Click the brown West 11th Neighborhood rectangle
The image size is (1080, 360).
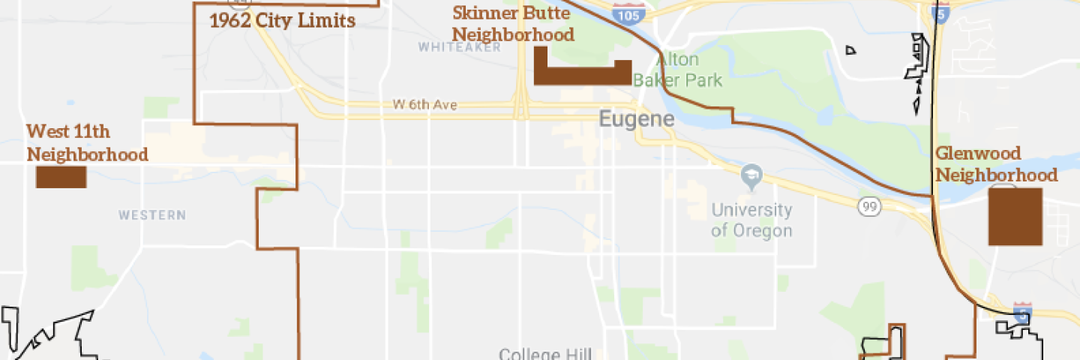(x=61, y=177)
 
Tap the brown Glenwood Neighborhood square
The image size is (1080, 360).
(x=1015, y=217)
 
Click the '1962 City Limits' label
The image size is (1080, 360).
(x=282, y=21)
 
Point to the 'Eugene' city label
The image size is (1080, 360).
(x=636, y=119)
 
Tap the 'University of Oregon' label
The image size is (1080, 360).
(x=751, y=220)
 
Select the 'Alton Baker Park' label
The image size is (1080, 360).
(x=678, y=70)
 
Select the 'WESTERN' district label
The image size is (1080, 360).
(x=151, y=215)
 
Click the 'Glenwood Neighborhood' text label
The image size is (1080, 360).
(x=996, y=164)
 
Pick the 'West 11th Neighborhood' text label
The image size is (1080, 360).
(x=87, y=143)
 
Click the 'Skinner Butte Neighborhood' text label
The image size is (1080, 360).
(x=514, y=24)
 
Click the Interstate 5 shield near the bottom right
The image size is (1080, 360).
(x=1021, y=312)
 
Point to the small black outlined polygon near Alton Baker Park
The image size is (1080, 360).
(x=850, y=50)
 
